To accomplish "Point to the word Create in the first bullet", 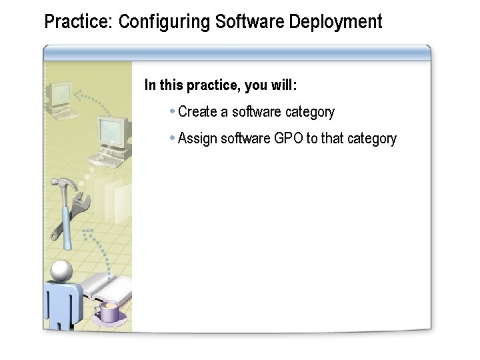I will tap(198, 112).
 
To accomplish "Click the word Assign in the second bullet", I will tap(197, 139).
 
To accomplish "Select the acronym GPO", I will tap(289, 139).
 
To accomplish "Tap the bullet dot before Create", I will tap(173, 111).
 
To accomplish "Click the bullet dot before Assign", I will tap(173, 138).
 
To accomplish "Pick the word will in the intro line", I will tap(283, 85).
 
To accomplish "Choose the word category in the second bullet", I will tap(372, 139).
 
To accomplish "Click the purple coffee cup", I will tap(109, 311).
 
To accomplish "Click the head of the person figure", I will tap(61, 271).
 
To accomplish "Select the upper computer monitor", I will tap(62, 95).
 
